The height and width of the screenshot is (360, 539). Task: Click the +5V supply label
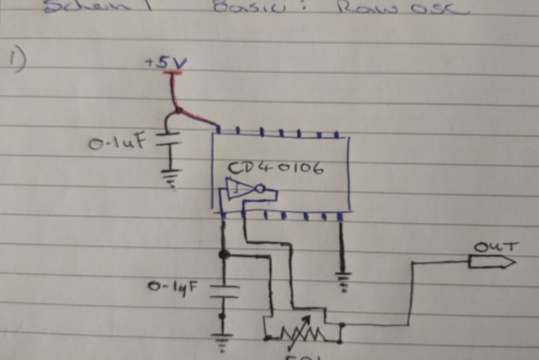pyautogui.click(x=166, y=62)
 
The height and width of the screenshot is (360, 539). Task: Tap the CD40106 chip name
pyautogui.click(x=276, y=169)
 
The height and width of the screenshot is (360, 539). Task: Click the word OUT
pyautogui.click(x=496, y=247)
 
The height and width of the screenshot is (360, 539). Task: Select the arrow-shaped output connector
pyautogui.click(x=492, y=262)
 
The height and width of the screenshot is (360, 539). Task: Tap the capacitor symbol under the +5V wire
pyautogui.click(x=168, y=140)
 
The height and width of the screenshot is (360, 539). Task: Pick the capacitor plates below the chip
pyautogui.click(x=223, y=291)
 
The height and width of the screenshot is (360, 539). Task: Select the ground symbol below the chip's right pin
pyautogui.click(x=343, y=280)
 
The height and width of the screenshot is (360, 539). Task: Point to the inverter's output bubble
pyautogui.click(x=260, y=189)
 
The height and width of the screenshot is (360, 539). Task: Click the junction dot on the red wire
pyautogui.click(x=179, y=110)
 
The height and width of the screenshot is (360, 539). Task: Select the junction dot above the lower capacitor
pyautogui.click(x=223, y=255)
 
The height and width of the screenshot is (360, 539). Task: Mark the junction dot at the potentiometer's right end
pyautogui.click(x=340, y=326)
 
